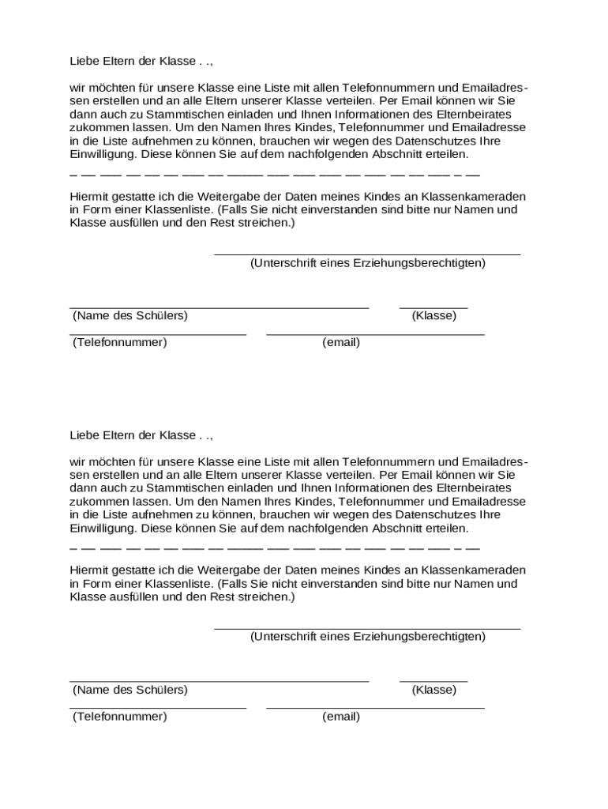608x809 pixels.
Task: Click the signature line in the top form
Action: pos(367,254)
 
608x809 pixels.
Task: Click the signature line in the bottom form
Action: pos(367,628)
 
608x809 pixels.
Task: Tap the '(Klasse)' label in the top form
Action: pos(433,315)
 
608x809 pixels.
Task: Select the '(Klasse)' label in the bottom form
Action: pos(433,689)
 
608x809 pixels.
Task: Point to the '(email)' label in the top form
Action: pos(341,342)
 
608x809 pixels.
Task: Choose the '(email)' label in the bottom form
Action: pos(341,716)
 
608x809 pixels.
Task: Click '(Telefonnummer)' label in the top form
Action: pos(120,342)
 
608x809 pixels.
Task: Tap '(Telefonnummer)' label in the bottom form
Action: pos(120,716)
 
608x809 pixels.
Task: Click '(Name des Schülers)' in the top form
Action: pos(130,315)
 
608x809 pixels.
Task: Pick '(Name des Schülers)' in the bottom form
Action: pos(130,689)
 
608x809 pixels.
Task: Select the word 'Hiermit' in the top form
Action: pos(88,195)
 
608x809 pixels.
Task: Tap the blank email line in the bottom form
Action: pos(375,708)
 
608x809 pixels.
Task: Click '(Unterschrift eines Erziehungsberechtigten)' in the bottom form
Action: pos(367,636)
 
